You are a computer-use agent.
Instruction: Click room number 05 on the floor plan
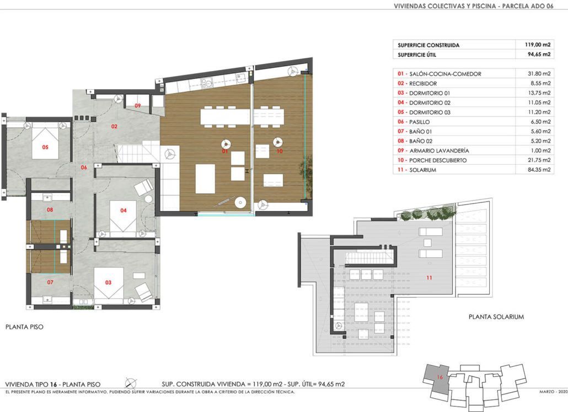45,147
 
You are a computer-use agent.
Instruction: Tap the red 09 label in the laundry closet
138,106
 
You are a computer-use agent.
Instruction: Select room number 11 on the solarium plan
429,278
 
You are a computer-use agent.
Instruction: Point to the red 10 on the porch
279,151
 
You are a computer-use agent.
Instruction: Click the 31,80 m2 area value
539,74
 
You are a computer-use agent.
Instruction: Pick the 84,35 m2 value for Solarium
539,170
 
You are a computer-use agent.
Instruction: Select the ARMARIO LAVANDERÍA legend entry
439,150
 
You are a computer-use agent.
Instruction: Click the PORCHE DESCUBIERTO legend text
438,160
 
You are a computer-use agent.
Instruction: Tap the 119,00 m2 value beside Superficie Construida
538,45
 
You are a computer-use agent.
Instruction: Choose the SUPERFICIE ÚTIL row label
417,55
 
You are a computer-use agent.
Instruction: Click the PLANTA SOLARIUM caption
496,317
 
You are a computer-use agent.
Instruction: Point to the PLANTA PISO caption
24,327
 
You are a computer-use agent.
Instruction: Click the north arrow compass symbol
131,383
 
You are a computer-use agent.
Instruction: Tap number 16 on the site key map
440,377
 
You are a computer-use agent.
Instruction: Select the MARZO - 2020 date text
553,392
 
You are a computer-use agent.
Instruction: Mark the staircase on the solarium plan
369,258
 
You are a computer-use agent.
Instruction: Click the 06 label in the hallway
84,167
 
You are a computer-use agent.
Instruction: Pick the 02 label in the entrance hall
115,127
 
